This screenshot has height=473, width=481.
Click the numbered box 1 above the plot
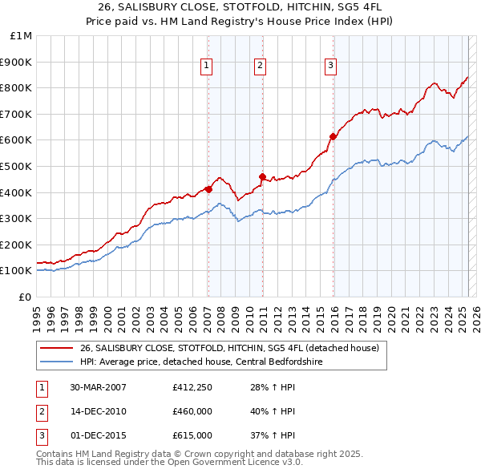click(x=207, y=66)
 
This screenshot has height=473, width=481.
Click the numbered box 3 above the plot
click(x=331, y=66)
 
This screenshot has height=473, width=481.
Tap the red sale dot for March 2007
click(x=208, y=189)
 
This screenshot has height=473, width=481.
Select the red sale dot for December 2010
click(x=262, y=176)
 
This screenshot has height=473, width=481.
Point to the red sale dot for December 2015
click(x=333, y=136)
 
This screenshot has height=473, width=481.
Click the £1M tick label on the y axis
click(x=21, y=36)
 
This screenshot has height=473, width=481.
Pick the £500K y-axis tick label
click(x=18, y=166)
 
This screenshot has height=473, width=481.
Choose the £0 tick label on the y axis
click(x=26, y=297)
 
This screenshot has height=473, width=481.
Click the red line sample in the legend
click(x=56, y=348)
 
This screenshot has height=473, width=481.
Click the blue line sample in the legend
click(x=56, y=361)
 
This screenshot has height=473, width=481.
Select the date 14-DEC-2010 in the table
click(x=98, y=412)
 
